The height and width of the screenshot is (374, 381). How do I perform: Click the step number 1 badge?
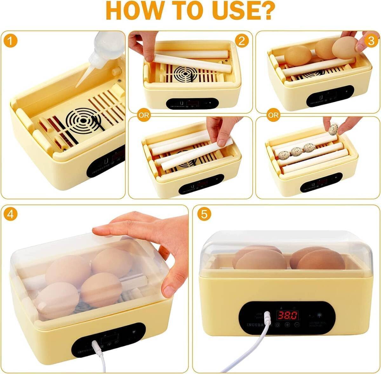tap(12, 41)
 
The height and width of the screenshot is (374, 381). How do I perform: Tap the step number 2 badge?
tap(242, 41)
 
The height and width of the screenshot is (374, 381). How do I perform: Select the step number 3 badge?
tap(370, 41)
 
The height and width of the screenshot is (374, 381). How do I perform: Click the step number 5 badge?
tap(204, 214)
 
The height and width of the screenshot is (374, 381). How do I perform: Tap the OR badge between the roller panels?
tap(144, 115)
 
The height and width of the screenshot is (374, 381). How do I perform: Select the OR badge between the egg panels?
tap(273, 115)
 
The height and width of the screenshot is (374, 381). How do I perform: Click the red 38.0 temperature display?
tap(287, 315)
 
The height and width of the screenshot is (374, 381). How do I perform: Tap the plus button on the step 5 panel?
tap(287, 325)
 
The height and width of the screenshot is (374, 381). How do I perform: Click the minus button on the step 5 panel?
tap(297, 325)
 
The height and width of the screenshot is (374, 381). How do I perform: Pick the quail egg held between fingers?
tap(333, 129)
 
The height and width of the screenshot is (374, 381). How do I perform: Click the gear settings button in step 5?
tap(277, 325)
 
